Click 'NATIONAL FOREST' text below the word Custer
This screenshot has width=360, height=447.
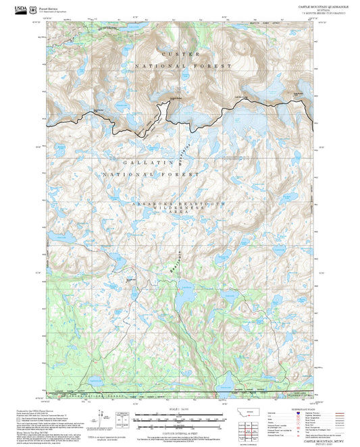[x=182, y=65]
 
